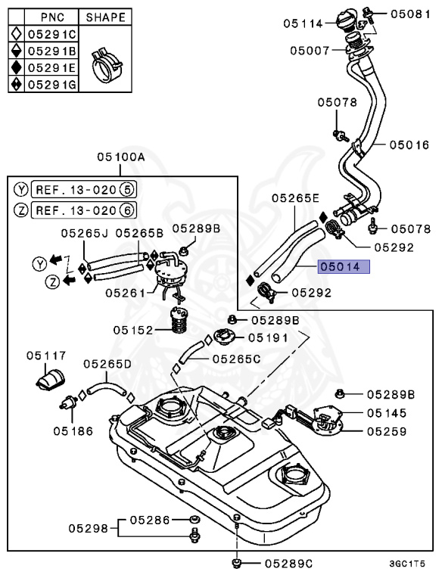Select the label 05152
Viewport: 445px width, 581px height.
point(133,330)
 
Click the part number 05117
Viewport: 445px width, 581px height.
point(47,355)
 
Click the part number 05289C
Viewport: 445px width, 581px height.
point(288,564)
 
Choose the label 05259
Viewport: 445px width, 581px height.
point(387,431)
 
